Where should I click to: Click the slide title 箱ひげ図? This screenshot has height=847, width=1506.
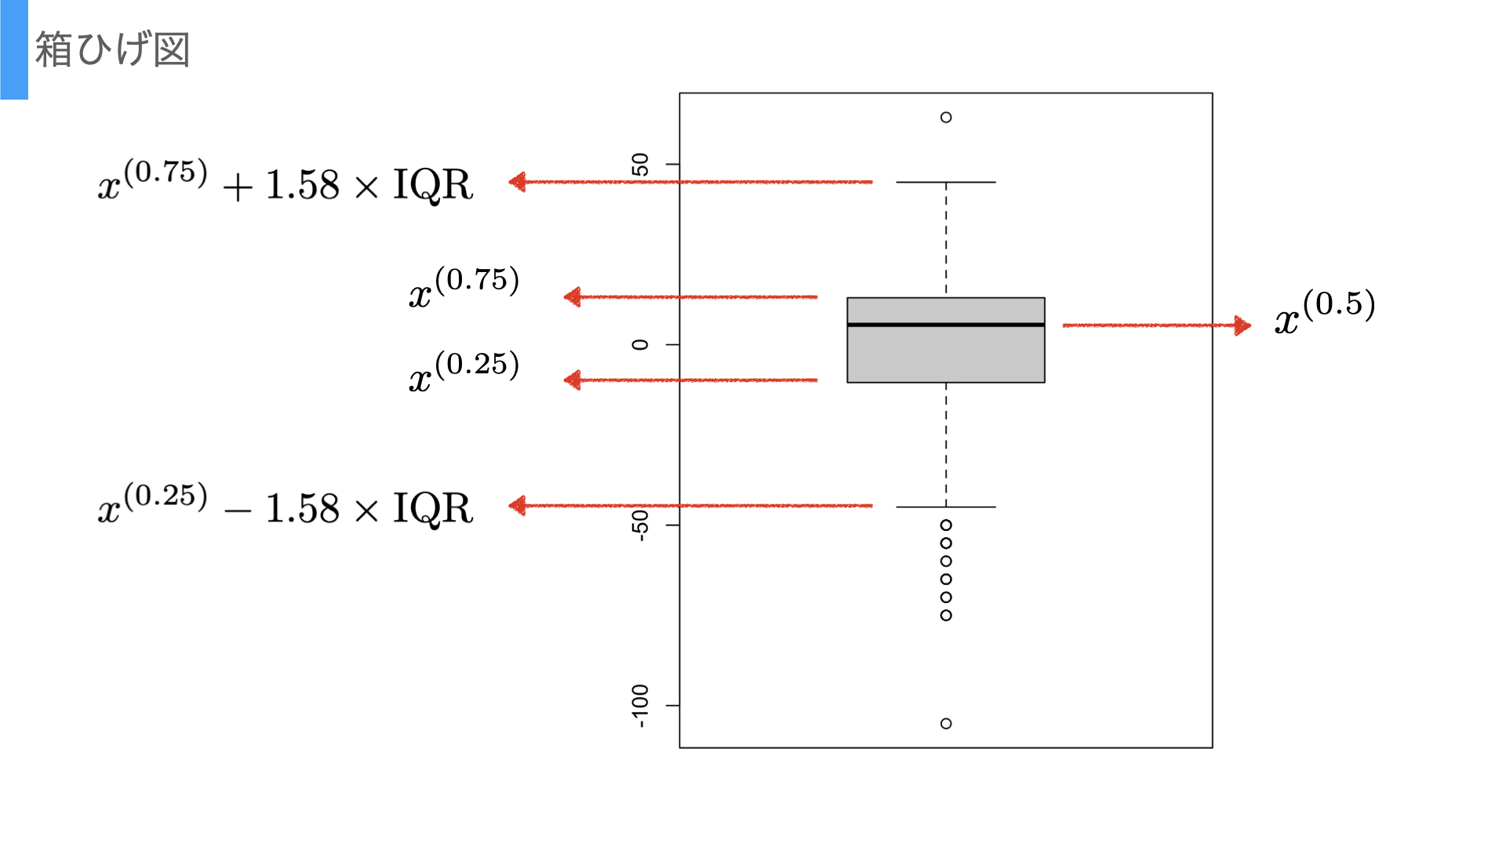112,49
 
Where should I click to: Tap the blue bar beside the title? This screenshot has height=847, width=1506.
14,49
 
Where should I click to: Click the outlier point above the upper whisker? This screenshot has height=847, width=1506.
946,118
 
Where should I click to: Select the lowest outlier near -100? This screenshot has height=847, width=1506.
946,723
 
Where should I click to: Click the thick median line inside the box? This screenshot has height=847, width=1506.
946,325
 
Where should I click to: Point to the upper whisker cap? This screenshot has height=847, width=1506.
946,182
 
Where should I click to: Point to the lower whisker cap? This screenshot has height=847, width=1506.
946,507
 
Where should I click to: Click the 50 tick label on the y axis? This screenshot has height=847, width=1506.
641,165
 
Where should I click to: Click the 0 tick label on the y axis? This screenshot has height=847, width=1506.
641,344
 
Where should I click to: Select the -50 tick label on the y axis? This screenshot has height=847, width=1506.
641,525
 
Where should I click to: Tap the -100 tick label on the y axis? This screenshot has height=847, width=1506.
641,705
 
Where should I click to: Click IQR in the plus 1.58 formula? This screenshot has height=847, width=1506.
432,186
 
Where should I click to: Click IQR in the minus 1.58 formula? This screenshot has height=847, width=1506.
432,509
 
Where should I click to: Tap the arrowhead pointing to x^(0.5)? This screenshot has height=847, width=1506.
1242,325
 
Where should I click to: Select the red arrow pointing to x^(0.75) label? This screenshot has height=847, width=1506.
690,297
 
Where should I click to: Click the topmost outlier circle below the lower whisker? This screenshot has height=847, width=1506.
946,525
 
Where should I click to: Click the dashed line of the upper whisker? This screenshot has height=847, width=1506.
946,239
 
